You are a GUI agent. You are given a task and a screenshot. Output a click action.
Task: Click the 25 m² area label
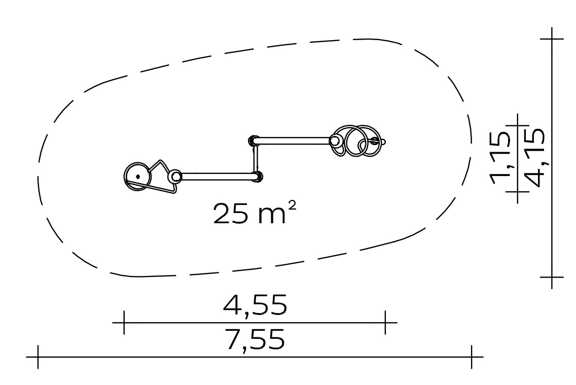254,213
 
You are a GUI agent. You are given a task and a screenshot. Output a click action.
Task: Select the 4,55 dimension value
255,304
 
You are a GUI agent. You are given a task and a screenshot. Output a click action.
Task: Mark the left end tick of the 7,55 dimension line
38,357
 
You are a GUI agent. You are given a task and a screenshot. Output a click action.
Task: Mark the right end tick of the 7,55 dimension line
472,357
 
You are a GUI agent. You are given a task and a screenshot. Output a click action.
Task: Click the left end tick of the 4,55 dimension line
124,323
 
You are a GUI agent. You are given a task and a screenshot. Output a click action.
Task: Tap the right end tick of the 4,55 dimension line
385,323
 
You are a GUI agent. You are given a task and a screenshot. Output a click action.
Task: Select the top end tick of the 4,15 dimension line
552,39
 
